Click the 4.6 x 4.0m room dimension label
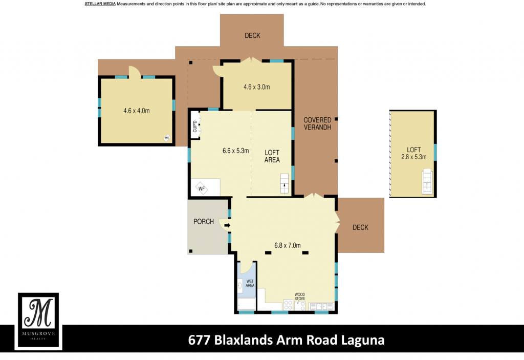click(x=136, y=111)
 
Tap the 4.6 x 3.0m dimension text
click(x=257, y=87)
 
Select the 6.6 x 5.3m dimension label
click(x=235, y=151)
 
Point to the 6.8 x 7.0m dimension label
click(x=288, y=245)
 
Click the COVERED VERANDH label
click(x=317, y=123)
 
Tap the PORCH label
click(x=204, y=222)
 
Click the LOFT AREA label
click(x=272, y=156)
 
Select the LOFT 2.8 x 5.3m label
click(x=413, y=153)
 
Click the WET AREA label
click(x=250, y=283)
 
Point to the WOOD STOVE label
click(x=300, y=297)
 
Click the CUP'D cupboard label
click(x=195, y=126)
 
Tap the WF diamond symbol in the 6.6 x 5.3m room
click(x=202, y=189)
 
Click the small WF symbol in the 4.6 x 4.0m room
click(x=167, y=138)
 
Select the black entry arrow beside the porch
click(x=227, y=225)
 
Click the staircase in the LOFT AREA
click(x=285, y=183)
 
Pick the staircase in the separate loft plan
click(x=427, y=182)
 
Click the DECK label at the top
click(x=252, y=35)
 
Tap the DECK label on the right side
click(x=360, y=227)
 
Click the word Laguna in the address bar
click(x=363, y=340)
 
